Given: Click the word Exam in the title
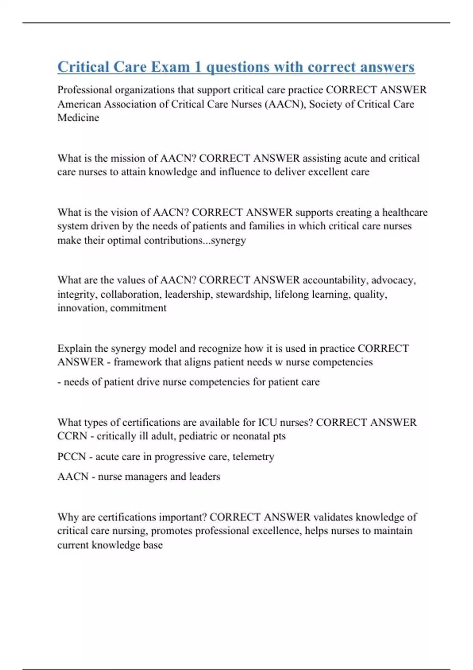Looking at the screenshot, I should point(170,67).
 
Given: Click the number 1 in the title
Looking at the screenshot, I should point(198,67).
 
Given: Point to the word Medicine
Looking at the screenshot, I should point(78,118).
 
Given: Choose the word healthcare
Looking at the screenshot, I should point(405,212).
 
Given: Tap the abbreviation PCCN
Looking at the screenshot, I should point(71,457).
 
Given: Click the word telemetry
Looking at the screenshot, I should point(253,457).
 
